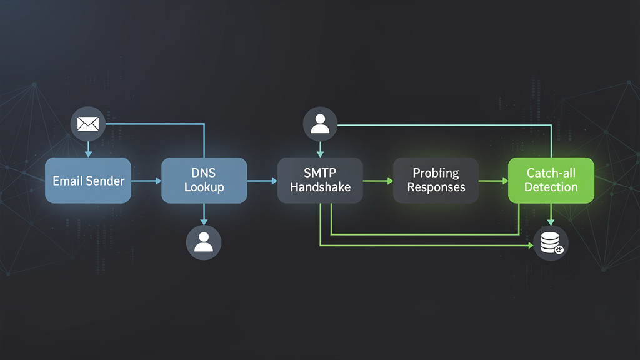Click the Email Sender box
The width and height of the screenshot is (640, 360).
click(88, 181)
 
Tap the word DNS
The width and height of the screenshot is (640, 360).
click(204, 173)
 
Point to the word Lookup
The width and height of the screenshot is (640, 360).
click(204, 187)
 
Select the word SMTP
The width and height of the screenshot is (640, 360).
click(320, 173)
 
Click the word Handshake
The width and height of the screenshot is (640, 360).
click(320, 187)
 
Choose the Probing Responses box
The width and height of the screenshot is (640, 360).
click(436, 181)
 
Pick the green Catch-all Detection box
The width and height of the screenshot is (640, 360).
click(551, 181)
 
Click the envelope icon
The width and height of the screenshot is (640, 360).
click(88, 124)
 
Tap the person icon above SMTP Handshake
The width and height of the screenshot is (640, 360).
click(320, 124)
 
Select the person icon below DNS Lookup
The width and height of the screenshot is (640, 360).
click(204, 242)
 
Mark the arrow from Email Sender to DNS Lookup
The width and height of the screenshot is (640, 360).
click(146, 181)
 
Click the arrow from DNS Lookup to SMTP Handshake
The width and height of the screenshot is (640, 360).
click(262, 181)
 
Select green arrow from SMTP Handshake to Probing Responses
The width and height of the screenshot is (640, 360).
click(378, 181)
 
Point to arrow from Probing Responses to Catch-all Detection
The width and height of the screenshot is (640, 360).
click(494, 181)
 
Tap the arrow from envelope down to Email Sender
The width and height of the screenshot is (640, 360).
click(88, 149)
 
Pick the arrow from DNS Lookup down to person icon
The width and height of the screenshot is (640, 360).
click(204, 214)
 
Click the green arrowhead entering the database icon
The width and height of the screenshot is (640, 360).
click(530, 246)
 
